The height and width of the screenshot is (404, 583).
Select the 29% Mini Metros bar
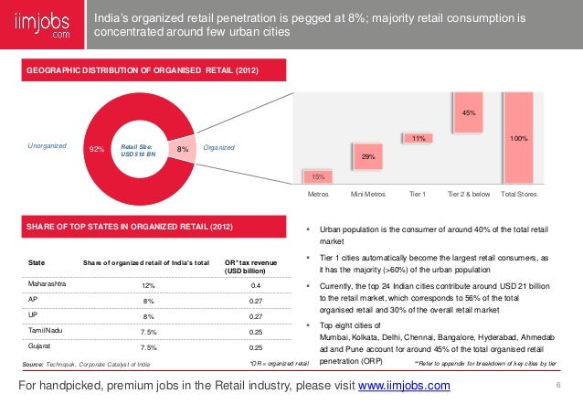(x=368, y=156)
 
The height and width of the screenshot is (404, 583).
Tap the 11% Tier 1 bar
(x=419, y=138)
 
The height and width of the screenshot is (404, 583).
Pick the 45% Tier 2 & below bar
(x=469, y=112)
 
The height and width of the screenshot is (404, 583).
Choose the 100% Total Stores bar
(x=519, y=137)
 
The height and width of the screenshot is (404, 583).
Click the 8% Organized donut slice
(x=182, y=147)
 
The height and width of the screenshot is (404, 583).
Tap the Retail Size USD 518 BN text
(x=137, y=147)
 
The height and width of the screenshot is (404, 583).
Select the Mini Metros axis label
(x=368, y=195)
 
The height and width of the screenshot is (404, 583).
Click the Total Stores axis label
(x=519, y=195)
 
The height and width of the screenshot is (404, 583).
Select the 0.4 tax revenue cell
(x=256, y=285)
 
